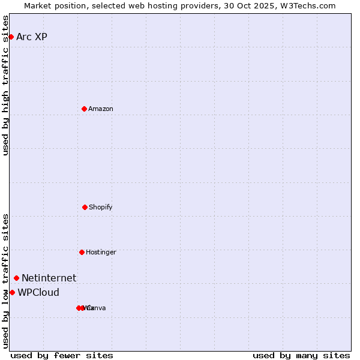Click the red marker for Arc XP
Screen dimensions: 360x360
tap(11, 37)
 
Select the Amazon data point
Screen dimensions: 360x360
tap(84, 109)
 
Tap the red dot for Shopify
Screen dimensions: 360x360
tap(85, 207)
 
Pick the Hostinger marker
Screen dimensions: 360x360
tap(82, 252)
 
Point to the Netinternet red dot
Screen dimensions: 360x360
tap(16, 278)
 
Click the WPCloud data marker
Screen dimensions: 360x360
tap(12, 292)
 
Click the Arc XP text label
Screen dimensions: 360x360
tap(32, 37)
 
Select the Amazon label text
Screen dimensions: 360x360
tap(100, 109)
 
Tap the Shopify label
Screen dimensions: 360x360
tap(100, 207)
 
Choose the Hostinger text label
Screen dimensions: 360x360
tap(101, 252)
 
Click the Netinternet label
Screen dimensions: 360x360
tap(49, 278)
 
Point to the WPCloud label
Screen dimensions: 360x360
tap(38, 292)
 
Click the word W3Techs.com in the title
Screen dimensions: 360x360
tap(309, 5)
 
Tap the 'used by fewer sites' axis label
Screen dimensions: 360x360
tap(62, 355)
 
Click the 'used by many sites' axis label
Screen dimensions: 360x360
tap(301, 355)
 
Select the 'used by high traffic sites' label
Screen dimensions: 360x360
tap(5, 85)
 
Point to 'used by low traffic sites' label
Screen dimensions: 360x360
tap(5, 281)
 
